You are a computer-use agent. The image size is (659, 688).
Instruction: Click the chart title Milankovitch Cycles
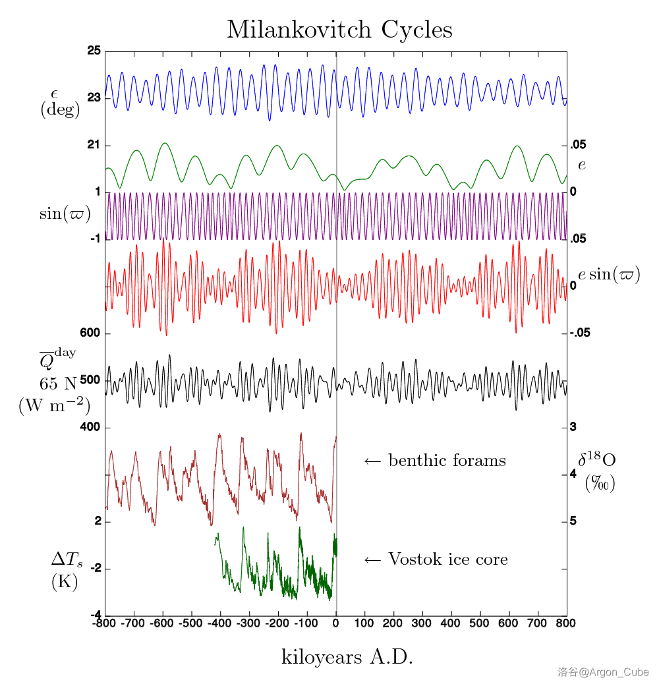339,30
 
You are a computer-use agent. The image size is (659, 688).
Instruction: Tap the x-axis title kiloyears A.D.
347,657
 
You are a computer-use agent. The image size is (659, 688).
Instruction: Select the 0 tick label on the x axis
336,622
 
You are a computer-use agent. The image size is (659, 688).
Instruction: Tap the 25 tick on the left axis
93,51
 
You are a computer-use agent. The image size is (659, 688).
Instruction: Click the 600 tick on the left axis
90,333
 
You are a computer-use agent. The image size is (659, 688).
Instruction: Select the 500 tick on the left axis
90,380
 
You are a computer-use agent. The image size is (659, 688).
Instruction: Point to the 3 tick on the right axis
573,427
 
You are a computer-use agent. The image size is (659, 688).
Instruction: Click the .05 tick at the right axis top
577,145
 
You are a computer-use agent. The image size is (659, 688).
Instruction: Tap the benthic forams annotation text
435,461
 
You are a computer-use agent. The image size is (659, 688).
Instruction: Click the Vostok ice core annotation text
436,560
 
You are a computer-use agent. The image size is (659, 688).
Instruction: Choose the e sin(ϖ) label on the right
609,275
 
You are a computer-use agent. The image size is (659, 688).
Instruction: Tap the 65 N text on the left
59,382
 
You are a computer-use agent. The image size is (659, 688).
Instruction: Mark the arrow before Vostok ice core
372,560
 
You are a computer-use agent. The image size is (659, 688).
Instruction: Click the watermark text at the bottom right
603,672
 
